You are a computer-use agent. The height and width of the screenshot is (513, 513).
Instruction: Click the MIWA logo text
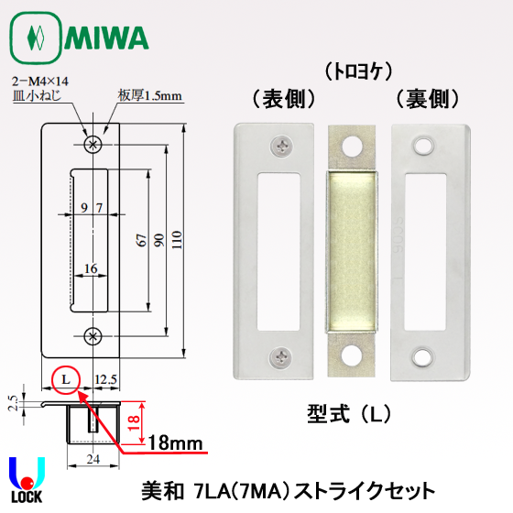(x=106, y=38)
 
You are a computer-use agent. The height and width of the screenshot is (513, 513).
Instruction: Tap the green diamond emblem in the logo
(x=36, y=38)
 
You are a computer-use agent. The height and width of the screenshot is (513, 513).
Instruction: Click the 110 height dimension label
(x=177, y=240)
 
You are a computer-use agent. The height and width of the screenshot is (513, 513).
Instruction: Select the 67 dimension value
(x=141, y=240)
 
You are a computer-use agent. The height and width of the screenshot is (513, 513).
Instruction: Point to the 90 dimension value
(x=159, y=240)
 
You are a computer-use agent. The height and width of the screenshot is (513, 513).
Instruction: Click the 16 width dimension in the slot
(x=91, y=268)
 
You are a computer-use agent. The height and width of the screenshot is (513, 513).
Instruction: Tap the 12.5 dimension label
(x=105, y=379)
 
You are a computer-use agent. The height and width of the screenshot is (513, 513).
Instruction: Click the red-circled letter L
(x=66, y=379)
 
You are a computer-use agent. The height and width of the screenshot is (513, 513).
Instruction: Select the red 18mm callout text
(x=175, y=443)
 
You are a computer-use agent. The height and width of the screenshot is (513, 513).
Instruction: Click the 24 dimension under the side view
(x=93, y=459)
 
